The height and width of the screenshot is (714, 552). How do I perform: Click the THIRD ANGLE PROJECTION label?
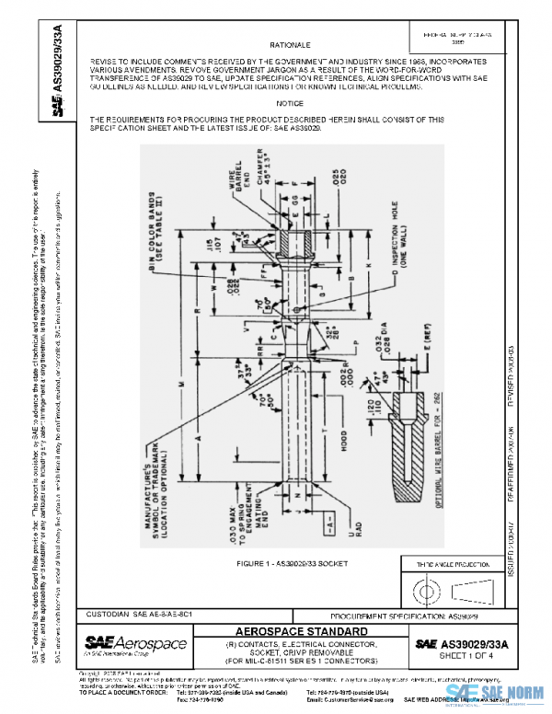pyautogui.click(x=462, y=562)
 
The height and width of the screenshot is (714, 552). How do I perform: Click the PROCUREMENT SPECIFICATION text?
pyautogui.click(x=408, y=614)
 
